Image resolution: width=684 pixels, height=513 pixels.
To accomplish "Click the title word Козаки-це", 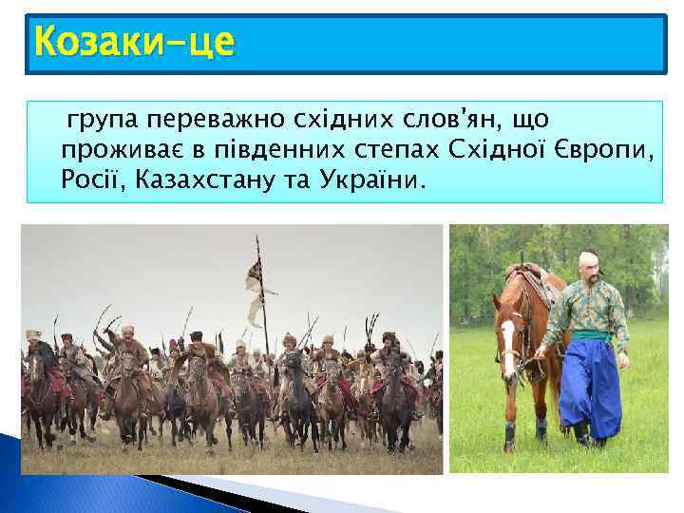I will point(133,43).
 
